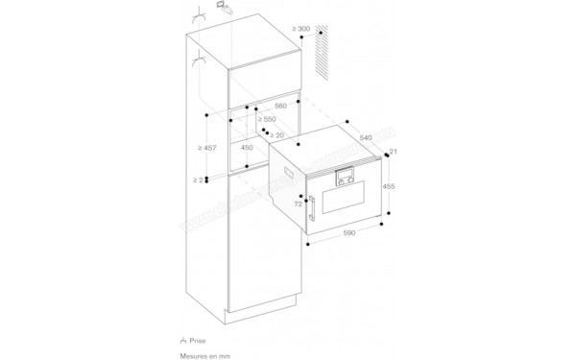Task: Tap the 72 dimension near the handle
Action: [298, 205]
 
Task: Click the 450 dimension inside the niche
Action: [247, 149]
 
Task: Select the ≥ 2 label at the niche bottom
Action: [198, 180]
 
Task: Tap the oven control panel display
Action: [343, 176]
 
